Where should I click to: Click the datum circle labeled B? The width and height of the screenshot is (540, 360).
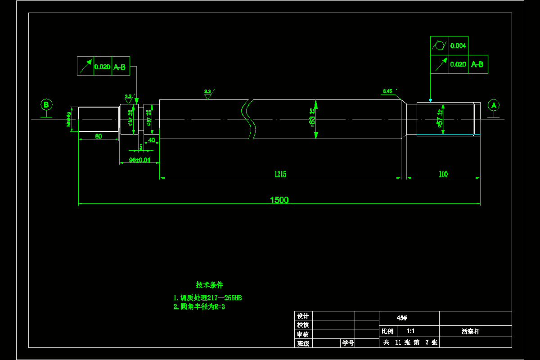tap(46, 105)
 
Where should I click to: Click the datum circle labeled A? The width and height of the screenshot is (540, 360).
tap(494, 105)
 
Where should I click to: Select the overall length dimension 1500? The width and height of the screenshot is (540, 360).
tap(279, 200)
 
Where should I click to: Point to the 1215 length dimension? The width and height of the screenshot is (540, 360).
tap(280, 174)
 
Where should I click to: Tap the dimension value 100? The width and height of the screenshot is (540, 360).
tap(443, 174)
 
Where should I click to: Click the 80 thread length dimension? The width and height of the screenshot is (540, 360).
tap(98, 136)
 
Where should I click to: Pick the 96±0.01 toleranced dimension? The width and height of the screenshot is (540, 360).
tap(139, 160)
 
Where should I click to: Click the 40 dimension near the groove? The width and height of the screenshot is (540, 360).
tap(152, 140)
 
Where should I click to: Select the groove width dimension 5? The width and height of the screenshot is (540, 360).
tap(141, 147)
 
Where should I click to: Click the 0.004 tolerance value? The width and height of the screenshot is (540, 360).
tap(458, 45)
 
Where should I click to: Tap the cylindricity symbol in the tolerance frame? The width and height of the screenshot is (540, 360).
tap(439, 45)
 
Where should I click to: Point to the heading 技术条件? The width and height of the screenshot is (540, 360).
tap(209, 285)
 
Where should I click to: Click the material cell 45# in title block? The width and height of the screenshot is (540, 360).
tap(402, 318)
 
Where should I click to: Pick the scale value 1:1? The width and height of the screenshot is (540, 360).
tap(410, 331)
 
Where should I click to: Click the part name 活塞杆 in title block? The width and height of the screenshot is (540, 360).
tap(470, 331)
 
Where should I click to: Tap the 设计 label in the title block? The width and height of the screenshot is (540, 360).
tap(303, 316)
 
